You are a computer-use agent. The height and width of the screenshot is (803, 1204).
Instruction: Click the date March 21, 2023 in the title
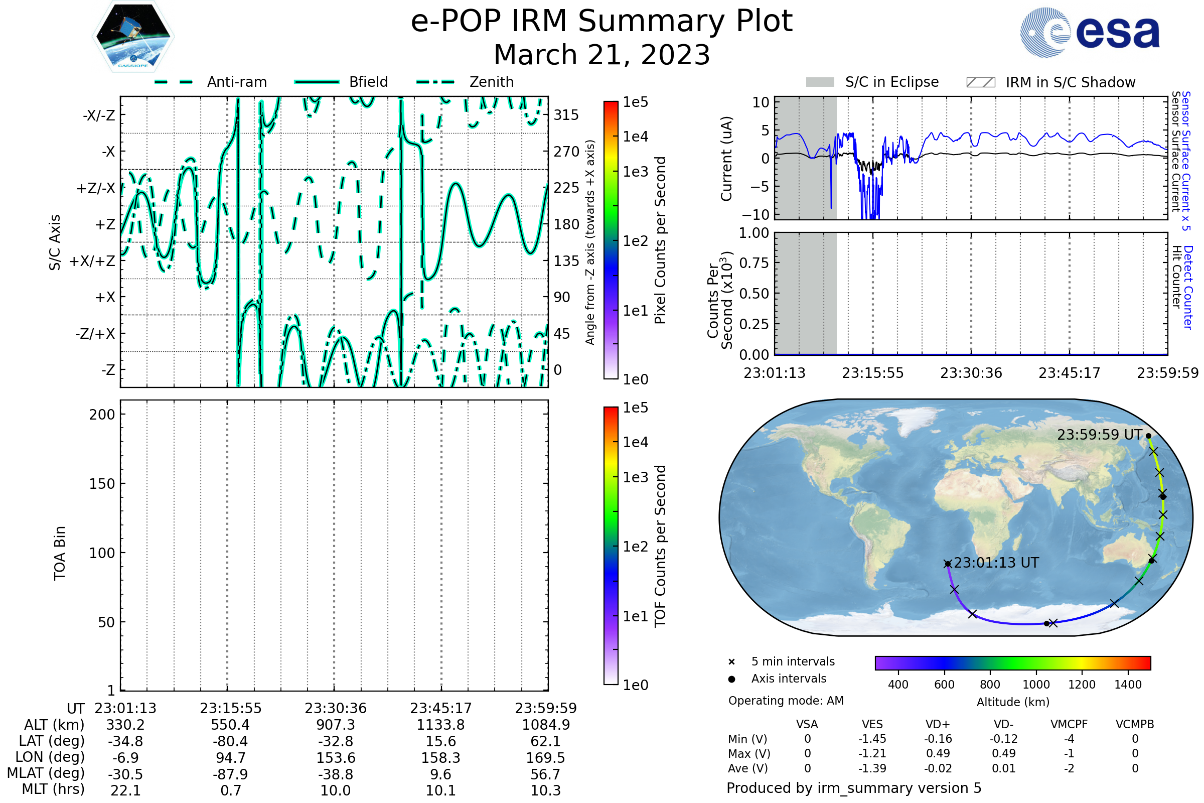point(601,55)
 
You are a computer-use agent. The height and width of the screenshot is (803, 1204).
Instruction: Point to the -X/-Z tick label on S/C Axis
point(99,115)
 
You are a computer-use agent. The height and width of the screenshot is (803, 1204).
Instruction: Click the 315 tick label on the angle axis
point(566,115)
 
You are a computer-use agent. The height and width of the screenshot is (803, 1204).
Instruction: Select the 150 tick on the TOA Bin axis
point(102,484)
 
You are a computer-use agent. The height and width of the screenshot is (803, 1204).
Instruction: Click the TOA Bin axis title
point(59,553)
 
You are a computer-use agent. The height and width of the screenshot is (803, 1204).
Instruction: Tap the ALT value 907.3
point(335,725)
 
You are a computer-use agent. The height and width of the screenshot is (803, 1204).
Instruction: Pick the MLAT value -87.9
point(230,774)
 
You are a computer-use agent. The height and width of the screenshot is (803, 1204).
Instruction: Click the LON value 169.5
point(546,757)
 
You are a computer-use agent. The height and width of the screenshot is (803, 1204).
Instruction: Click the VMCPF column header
point(1069,724)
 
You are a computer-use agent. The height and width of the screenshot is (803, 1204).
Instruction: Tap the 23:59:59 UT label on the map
point(1099,435)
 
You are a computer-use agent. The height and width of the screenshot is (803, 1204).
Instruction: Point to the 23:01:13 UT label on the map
point(996,563)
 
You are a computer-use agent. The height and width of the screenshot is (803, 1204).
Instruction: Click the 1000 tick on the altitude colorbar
point(1036,685)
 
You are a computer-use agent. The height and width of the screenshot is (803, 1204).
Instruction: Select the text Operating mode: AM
point(786,701)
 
